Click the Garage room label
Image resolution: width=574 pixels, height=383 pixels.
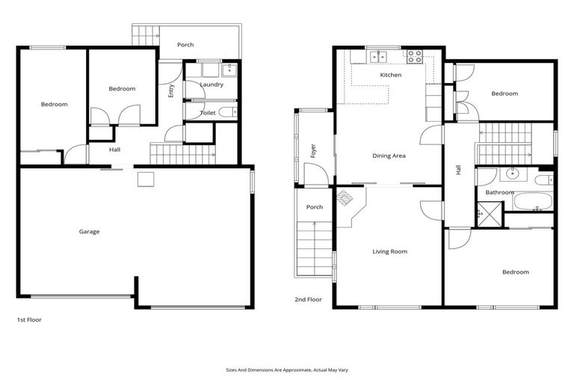89,231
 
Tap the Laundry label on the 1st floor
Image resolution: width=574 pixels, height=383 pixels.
212,85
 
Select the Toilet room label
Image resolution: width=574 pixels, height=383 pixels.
208,113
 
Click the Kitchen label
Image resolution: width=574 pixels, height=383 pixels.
390,75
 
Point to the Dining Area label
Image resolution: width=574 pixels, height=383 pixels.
389,156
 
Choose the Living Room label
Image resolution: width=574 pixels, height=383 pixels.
389,251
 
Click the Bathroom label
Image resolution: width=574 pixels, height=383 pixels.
499,192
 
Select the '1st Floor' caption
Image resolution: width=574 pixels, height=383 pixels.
29,319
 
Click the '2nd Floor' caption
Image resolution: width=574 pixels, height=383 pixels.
308,299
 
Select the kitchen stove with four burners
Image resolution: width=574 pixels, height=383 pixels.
413,55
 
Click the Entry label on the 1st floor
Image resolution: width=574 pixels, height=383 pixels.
171,91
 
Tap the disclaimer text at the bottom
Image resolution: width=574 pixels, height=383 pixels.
286,370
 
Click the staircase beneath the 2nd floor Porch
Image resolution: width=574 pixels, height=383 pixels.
315,249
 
